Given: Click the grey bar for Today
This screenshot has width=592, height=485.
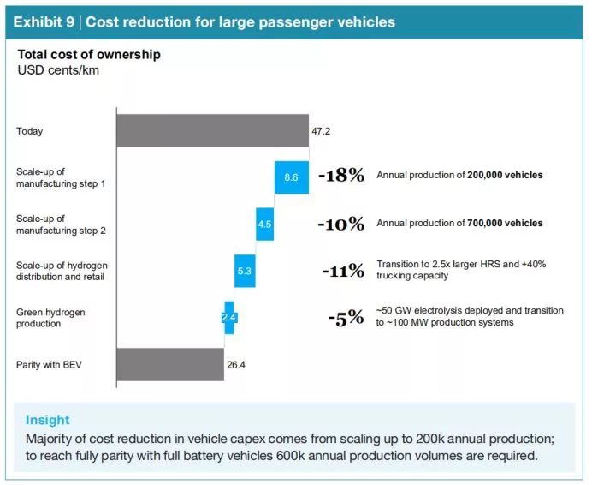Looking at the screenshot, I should pos(212,130).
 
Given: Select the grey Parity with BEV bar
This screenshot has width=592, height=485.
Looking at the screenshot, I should pos(169,364).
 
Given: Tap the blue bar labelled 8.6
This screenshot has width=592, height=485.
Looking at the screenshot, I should pos(291,177).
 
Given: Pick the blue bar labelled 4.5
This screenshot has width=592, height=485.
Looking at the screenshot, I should pos(264,224).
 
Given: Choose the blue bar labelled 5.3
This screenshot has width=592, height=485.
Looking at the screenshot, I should pos(245,271).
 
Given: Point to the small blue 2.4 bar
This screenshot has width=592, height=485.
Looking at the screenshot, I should pos(228,317).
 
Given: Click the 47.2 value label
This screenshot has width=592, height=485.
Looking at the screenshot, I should pos(322,131).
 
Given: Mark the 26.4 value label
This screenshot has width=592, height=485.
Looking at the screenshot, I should pos(236,364).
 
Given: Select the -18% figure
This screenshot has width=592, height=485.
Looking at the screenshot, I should pos(341,176).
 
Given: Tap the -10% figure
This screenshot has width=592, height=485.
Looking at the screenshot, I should pos(340,224).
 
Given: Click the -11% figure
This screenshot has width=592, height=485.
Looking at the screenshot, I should pos(343,271).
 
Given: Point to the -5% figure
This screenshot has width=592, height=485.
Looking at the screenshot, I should pos(346,318).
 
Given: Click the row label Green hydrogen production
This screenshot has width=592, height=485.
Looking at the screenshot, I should pos(51,318).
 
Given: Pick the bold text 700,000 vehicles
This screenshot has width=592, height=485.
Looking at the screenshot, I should pos(505,224).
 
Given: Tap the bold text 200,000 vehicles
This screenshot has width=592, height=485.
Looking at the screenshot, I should pos(505,176).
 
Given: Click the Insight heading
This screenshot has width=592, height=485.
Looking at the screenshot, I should pos(48,420).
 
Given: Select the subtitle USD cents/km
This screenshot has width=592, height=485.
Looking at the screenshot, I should pos(58,69).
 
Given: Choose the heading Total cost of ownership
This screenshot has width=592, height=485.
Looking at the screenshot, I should pos(89,55).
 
